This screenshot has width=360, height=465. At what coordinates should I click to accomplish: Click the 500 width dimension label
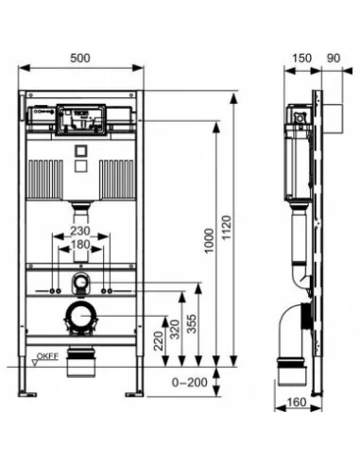80,59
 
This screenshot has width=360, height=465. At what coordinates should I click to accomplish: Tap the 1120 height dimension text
227,228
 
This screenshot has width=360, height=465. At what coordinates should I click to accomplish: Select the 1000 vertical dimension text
209,241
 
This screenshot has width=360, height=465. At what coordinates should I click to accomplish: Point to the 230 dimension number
80,231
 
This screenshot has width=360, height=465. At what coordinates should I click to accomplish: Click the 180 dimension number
80,245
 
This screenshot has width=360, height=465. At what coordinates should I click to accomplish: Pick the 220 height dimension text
159,341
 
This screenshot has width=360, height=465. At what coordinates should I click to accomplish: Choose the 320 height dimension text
175,329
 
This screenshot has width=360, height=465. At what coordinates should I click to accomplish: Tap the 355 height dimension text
192,323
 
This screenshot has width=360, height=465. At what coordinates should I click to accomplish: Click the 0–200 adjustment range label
190,383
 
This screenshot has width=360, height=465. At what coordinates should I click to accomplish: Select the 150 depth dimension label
301,59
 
